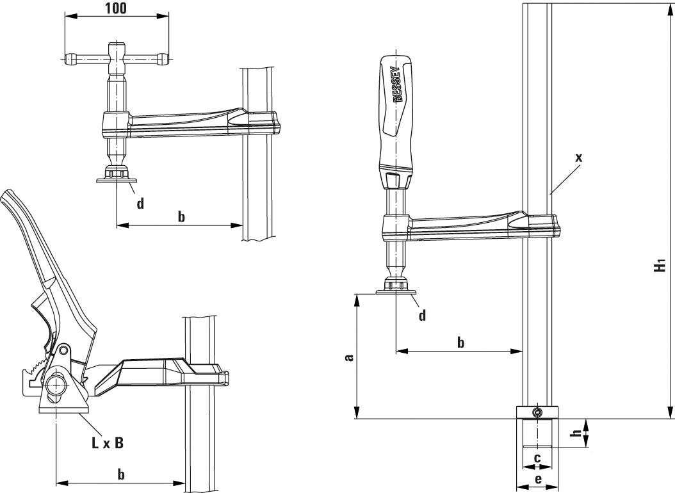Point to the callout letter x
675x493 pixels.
(x=579, y=157)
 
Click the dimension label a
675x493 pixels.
(x=348, y=356)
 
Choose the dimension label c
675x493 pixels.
(x=537, y=458)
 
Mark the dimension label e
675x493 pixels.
(x=537, y=479)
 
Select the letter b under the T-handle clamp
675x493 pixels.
(x=181, y=216)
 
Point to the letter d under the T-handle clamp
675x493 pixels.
(x=140, y=203)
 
